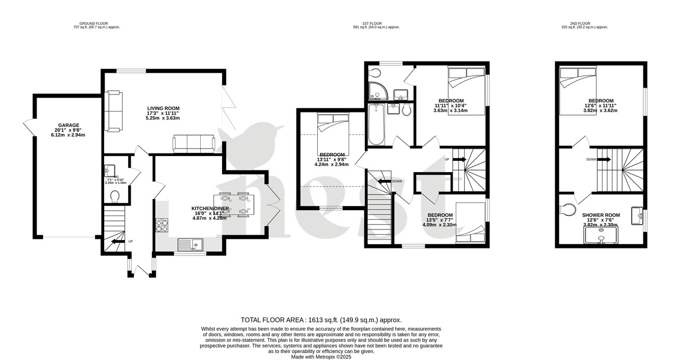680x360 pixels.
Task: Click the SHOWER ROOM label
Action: tap(600, 216)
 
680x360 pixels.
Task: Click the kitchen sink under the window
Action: tap(190, 245)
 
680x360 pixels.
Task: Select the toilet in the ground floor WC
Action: tap(114, 196)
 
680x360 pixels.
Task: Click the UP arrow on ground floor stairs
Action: tap(115, 242)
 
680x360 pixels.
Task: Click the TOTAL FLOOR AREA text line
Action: tap(321, 320)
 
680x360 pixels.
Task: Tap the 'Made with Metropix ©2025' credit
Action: tap(321, 357)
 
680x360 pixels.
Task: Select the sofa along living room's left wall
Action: tap(113, 111)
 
